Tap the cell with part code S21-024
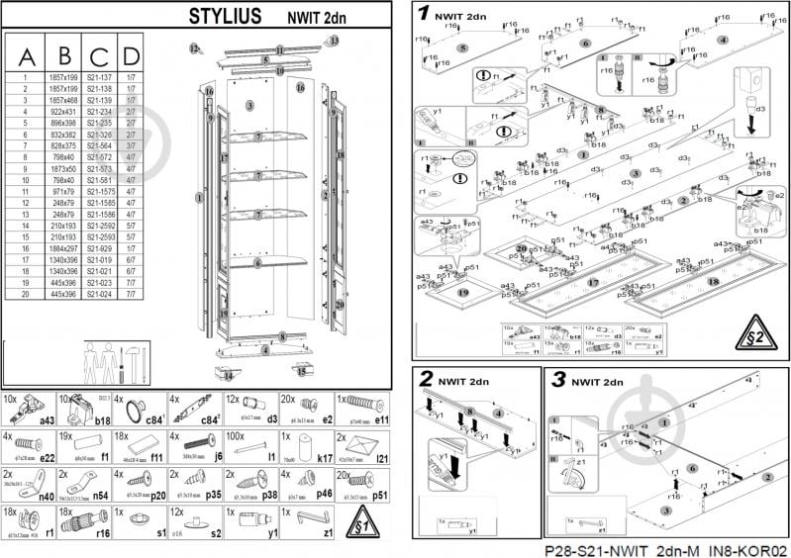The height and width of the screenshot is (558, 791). [x=99, y=293]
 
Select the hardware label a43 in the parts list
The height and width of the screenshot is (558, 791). [x=46, y=420]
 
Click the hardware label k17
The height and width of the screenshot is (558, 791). [x=323, y=459]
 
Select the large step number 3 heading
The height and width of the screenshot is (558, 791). [x=558, y=380]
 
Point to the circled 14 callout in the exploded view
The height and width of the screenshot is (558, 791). [x=227, y=376]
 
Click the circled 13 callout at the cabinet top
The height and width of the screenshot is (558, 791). [x=334, y=41]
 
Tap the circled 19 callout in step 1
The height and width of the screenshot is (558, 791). [x=462, y=294]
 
